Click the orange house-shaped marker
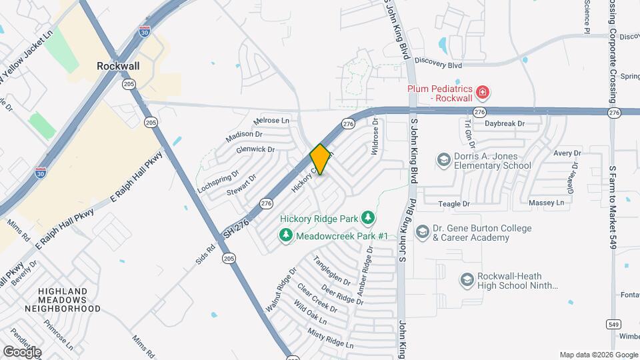[x=321, y=159]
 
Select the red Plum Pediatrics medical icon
[x=482, y=91]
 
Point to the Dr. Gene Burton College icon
[x=422, y=232]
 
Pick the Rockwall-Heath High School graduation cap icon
[x=467, y=280]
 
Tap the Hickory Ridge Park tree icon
[x=367, y=217]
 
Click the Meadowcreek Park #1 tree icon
[x=285, y=235]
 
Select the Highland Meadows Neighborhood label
[x=63, y=300]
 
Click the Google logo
[x=21, y=351]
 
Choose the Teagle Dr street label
[x=454, y=203]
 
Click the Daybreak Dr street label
[x=505, y=124]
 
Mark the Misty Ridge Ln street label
[x=330, y=338]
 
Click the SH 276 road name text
[x=237, y=227]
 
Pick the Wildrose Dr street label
[x=375, y=136]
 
